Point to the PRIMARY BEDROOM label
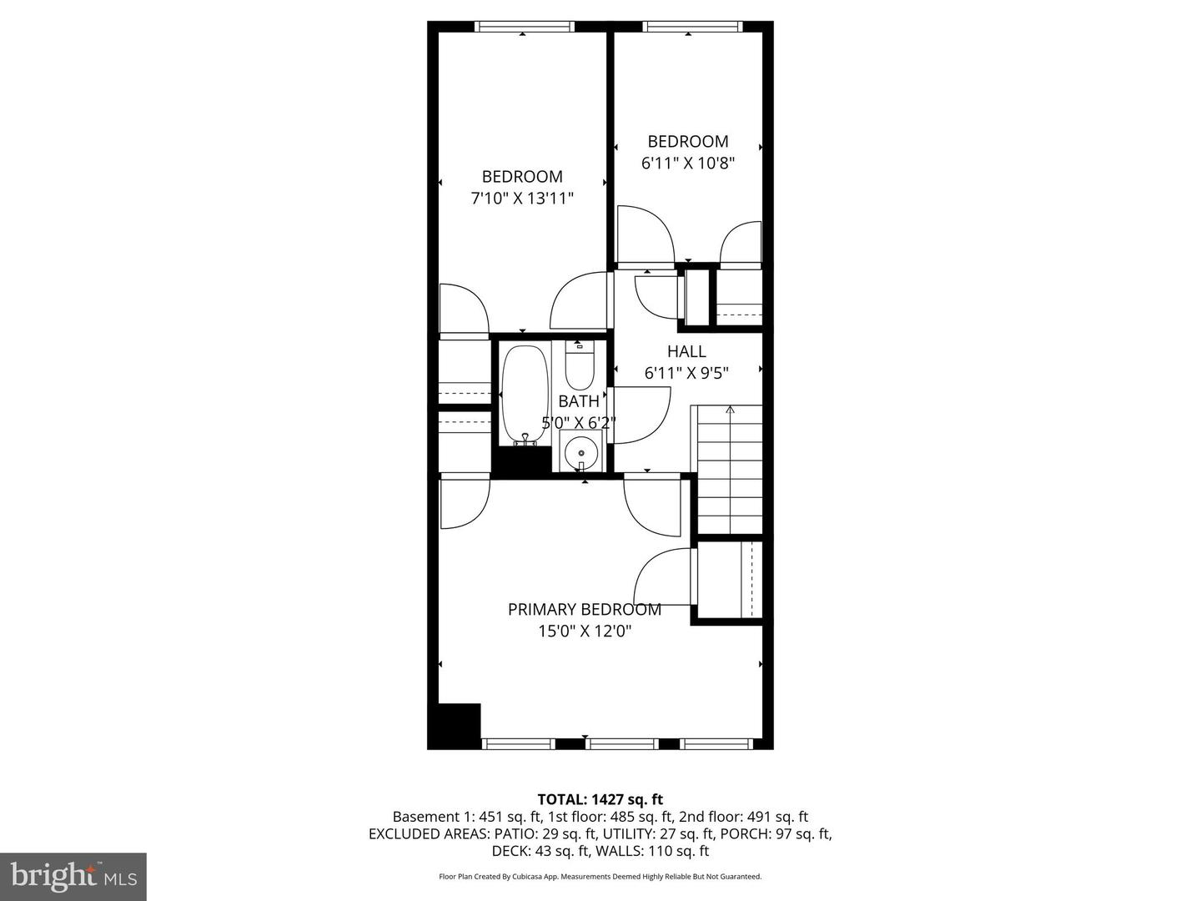point(584,610)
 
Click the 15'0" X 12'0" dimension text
point(584,632)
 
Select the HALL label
point(686,351)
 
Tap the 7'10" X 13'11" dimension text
point(522,199)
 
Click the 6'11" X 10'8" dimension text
point(687,164)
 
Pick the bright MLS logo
point(73,876)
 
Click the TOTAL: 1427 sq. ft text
point(600,799)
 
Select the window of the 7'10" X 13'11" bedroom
point(524,27)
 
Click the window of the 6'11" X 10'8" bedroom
point(693,27)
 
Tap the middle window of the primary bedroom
point(621,743)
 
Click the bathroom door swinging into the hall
point(641,415)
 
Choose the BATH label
point(579,401)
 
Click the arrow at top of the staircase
point(731,410)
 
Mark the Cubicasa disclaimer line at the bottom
point(600,877)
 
